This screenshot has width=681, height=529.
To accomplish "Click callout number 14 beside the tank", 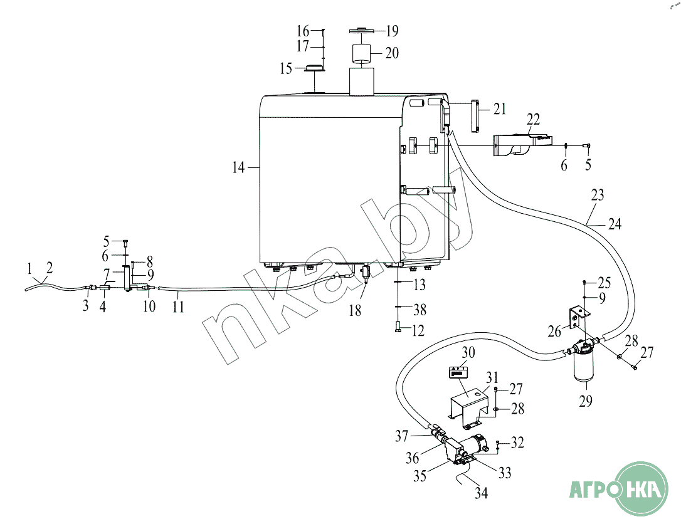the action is [x=238, y=167].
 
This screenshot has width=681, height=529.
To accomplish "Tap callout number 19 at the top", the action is [x=392, y=31].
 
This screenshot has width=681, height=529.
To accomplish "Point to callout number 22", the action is [x=534, y=119].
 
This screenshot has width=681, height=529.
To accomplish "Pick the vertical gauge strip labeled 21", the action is [x=474, y=116].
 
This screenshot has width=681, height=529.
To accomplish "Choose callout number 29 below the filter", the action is [x=586, y=401].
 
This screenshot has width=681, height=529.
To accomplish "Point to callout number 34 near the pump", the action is [x=481, y=493].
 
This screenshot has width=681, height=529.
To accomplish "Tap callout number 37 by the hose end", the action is [x=402, y=435].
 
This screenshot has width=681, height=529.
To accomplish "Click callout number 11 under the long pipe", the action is [x=178, y=307].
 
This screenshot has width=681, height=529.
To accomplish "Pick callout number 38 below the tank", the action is [x=420, y=310].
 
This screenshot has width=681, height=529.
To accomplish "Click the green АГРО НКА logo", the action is [x=620, y=489].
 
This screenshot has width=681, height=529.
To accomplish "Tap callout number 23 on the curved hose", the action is [x=597, y=195].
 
